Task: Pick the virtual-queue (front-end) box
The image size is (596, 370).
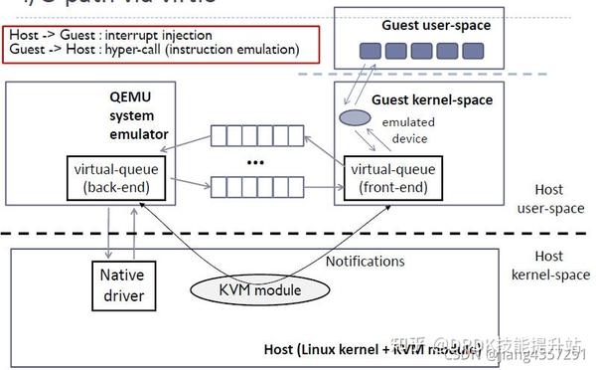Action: click(394, 177)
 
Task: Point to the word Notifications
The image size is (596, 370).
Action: click(366, 261)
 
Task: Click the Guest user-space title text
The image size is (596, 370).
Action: click(435, 25)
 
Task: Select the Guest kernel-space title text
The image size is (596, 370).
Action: click(431, 100)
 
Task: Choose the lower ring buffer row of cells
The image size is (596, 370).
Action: click(256, 185)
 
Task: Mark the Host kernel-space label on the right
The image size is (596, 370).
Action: click(548, 264)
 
